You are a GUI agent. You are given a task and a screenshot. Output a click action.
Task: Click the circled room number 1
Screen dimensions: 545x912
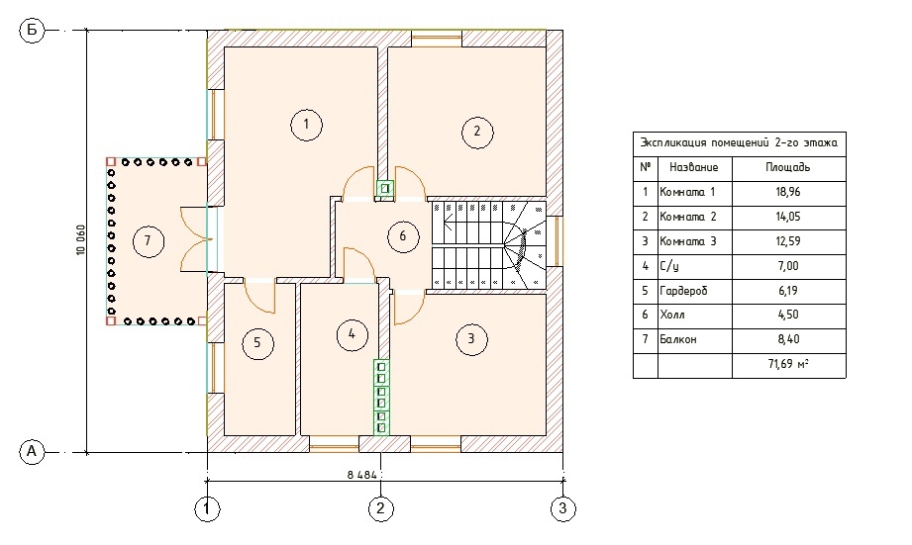(x=307, y=125)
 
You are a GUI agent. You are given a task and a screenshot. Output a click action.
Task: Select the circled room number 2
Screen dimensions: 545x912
(x=476, y=131)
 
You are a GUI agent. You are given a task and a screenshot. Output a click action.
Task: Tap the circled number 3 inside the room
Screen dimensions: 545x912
(x=471, y=339)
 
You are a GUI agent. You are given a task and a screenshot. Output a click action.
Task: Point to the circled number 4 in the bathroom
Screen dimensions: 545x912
(x=351, y=334)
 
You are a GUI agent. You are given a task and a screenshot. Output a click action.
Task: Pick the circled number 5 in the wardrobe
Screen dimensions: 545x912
(x=256, y=343)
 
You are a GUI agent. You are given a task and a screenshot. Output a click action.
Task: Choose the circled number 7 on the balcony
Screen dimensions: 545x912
(x=148, y=241)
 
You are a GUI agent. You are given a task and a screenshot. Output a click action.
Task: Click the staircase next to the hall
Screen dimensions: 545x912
(x=488, y=245)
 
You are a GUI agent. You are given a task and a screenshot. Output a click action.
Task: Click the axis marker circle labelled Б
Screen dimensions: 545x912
(x=32, y=31)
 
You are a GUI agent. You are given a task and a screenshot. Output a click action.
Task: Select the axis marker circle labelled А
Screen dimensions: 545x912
(x=32, y=452)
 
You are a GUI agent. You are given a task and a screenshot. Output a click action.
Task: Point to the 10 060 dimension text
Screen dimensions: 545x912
(x=80, y=241)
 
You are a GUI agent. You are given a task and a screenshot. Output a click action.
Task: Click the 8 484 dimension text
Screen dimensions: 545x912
(x=363, y=475)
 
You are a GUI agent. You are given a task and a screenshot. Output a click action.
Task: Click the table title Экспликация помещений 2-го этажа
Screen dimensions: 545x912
(x=739, y=143)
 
